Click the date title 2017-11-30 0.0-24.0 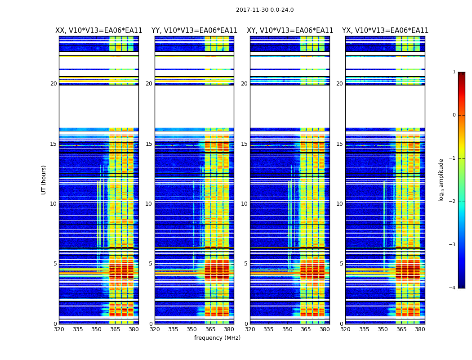(265, 10)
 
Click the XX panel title (99, 31)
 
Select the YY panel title (194, 31)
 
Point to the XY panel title (290, 31)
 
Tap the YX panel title (385, 31)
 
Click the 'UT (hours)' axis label (44, 180)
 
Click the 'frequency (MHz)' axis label (217, 338)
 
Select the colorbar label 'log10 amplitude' (441, 180)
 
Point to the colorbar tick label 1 (454, 72)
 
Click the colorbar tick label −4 (453, 288)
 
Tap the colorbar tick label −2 (453, 202)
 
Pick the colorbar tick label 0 (454, 115)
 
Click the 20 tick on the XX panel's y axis (53, 84)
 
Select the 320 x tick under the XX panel (59, 329)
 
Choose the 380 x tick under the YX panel (420, 329)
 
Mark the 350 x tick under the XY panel (287, 329)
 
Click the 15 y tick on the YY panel (149, 144)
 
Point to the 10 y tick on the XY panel (244, 204)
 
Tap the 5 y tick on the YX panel (342, 264)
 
